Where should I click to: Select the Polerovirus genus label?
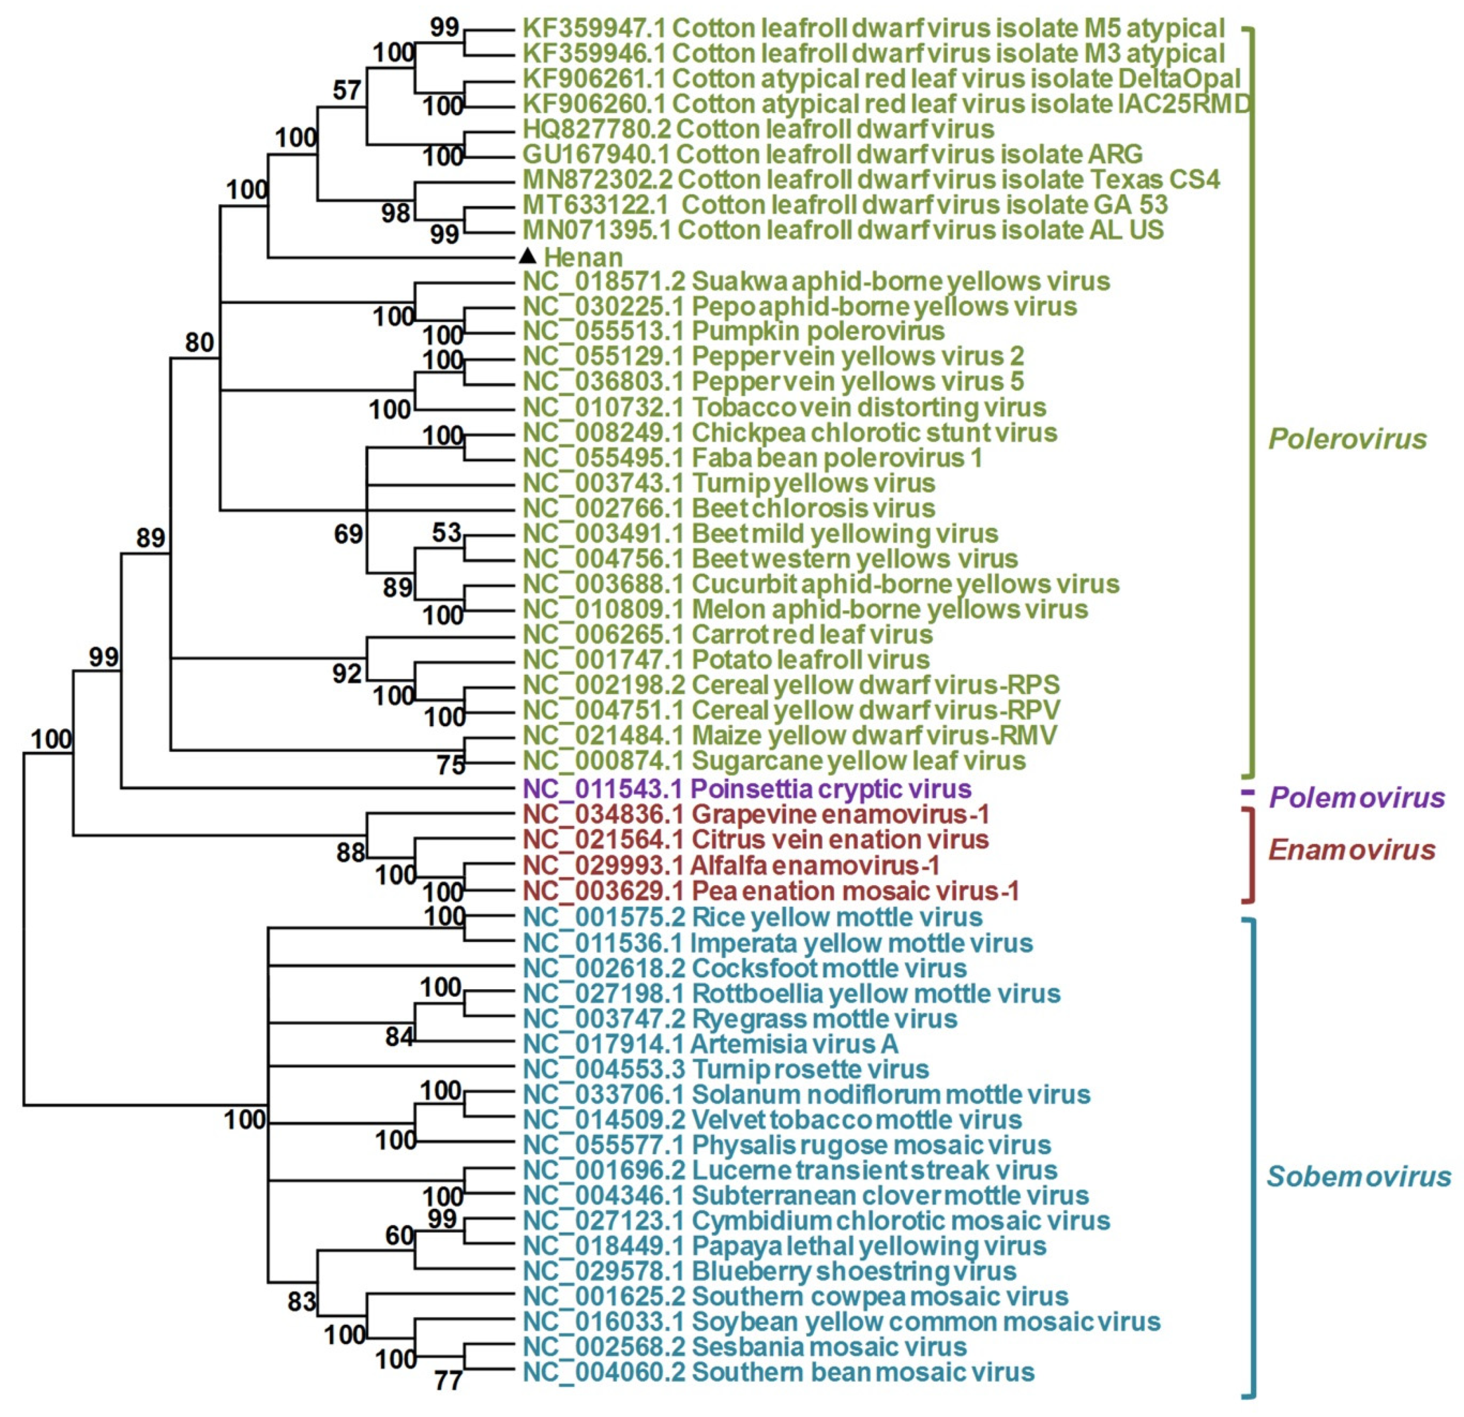coord(1348,439)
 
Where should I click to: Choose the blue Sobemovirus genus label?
coord(1358,1177)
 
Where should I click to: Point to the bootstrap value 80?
coord(199,342)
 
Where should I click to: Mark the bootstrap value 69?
coord(348,534)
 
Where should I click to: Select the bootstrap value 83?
coord(302,1302)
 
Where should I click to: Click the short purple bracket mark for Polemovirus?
coord(1247,792)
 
